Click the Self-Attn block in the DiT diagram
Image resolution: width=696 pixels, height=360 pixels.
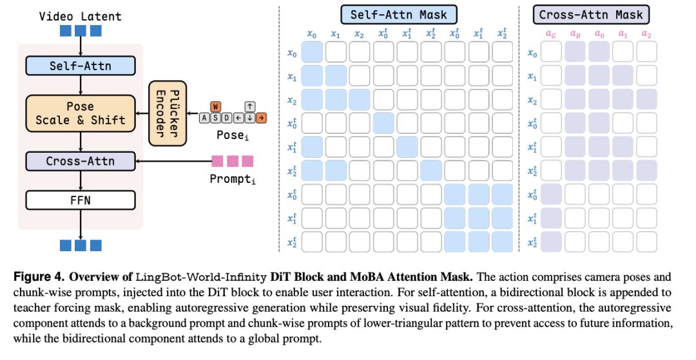point(81,66)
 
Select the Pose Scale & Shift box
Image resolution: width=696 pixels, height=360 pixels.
point(81,113)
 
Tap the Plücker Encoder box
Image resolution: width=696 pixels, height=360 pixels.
point(168,113)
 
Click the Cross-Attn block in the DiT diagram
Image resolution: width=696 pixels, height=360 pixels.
point(81,161)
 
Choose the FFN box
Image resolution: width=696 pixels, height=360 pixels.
point(81,200)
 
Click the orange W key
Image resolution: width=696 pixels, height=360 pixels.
point(216,107)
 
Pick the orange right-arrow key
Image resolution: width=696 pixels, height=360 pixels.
point(262,118)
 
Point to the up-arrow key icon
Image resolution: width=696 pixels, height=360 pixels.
point(250,107)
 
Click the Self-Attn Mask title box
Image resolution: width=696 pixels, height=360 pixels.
point(399,15)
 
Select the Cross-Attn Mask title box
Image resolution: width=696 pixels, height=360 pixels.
point(591,15)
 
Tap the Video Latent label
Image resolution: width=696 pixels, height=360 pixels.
point(81,16)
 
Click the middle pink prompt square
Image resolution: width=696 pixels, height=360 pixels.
point(233,161)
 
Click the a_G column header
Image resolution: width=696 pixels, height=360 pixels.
point(551,34)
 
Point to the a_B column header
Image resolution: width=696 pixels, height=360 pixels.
point(575,34)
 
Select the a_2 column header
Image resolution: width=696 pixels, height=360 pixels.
point(646,34)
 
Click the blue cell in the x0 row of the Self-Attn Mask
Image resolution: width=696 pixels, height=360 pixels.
point(312,52)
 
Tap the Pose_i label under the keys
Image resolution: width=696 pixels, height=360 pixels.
point(233,135)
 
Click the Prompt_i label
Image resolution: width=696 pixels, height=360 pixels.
point(233,179)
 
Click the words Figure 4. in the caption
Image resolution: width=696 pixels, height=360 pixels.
point(39,277)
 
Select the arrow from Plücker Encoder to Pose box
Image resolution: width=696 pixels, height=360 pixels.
point(142,113)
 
